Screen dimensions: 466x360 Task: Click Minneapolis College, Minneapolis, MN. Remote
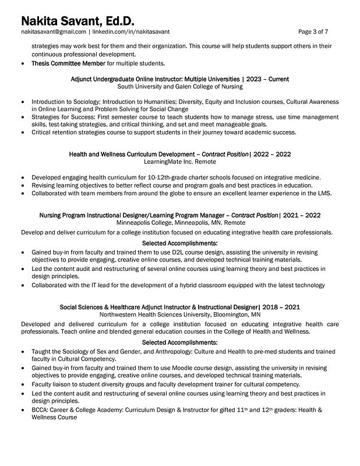coord(179,223)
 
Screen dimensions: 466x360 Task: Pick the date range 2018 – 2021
coord(282,306)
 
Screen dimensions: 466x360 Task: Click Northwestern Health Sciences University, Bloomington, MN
coord(179,314)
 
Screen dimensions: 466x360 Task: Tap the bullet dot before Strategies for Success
coord(22,116)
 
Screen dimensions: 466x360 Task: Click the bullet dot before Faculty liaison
coord(22,385)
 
